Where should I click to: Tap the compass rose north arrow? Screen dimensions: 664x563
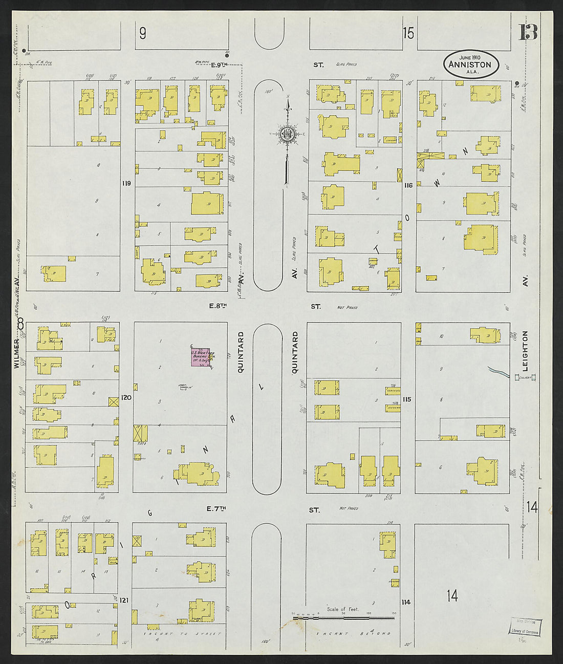coord(288,134)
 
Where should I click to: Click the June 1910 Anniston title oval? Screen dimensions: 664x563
coord(470,64)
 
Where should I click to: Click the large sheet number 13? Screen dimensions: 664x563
coord(528,33)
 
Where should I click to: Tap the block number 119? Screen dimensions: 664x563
coord(127,183)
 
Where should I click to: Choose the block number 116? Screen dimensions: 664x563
coord(408,185)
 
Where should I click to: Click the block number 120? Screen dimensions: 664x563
coord(127,397)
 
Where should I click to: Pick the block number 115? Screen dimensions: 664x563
coord(407,399)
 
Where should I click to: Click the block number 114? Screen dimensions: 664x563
coord(406,602)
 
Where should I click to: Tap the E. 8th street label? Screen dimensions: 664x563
coord(218,306)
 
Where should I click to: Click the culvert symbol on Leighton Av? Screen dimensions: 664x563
coord(525,378)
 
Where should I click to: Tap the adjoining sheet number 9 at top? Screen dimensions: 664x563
coord(143,34)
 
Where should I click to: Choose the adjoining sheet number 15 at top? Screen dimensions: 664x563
coord(408,34)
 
